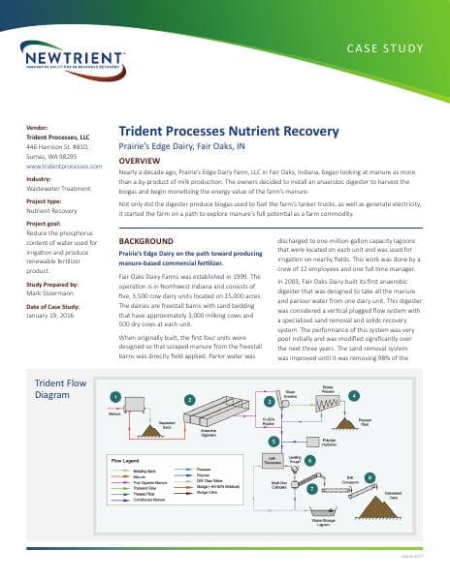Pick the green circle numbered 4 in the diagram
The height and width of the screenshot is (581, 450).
(355, 396)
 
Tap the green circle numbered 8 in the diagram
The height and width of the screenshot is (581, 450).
(369, 477)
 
